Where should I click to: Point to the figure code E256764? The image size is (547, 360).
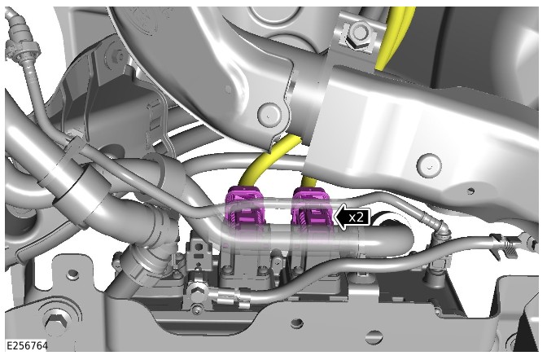[x=27, y=345]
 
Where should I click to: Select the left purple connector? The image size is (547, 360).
[x=244, y=209]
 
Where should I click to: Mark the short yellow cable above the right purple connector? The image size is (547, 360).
[x=308, y=182]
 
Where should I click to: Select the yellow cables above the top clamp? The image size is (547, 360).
[x=396, y=37]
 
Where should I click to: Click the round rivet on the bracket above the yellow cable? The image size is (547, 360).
[x=269, y=113]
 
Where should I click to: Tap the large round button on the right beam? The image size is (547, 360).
[x=429, y=164]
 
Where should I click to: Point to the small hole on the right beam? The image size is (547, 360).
[x=471, y=191]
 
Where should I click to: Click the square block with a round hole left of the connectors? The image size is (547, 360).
[x=198, y=250]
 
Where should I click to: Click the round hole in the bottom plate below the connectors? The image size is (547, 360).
[x=296, y=323]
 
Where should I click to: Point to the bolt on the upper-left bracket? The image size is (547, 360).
[x=120, y=55]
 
